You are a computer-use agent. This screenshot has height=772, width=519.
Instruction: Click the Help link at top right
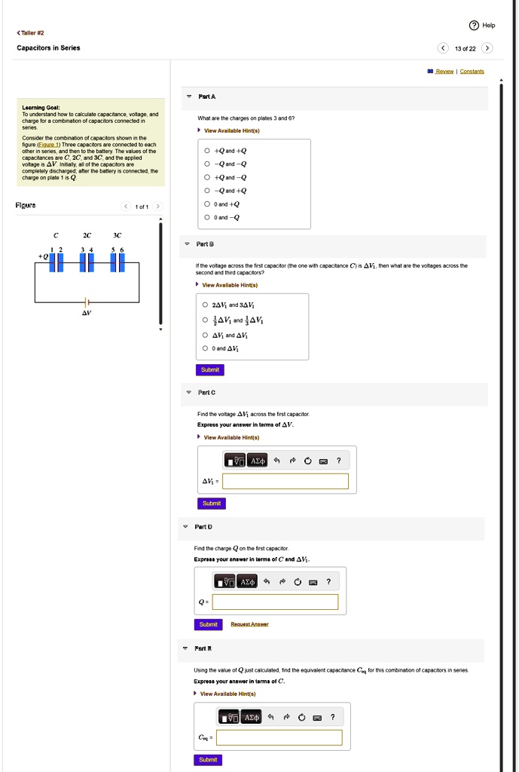point(483,25)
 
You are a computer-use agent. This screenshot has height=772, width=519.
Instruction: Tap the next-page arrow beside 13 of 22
point(487,48)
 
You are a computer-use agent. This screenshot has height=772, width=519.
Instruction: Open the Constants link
point(472,72)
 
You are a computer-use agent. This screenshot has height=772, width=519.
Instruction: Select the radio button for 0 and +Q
point(207,204)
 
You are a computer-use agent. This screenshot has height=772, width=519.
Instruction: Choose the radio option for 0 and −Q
point(207,217)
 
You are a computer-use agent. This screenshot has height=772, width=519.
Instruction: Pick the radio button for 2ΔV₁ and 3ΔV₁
point(206,305)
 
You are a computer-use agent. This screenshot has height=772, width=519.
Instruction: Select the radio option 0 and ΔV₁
point(206,348)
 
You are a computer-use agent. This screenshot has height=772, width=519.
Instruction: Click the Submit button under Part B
point(210,369)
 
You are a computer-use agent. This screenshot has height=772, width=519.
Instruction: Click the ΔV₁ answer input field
point(285,481)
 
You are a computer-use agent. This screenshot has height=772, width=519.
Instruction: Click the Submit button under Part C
point(212,503)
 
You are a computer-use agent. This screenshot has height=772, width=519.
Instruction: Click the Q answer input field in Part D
point(275,602)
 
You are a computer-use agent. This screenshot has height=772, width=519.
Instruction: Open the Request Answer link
point(249,624)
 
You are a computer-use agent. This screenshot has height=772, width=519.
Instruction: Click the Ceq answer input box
point(279,737)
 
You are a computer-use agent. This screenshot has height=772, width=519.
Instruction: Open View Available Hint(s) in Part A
point(231,130)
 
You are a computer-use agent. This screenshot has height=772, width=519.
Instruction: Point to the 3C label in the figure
point(117,234)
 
